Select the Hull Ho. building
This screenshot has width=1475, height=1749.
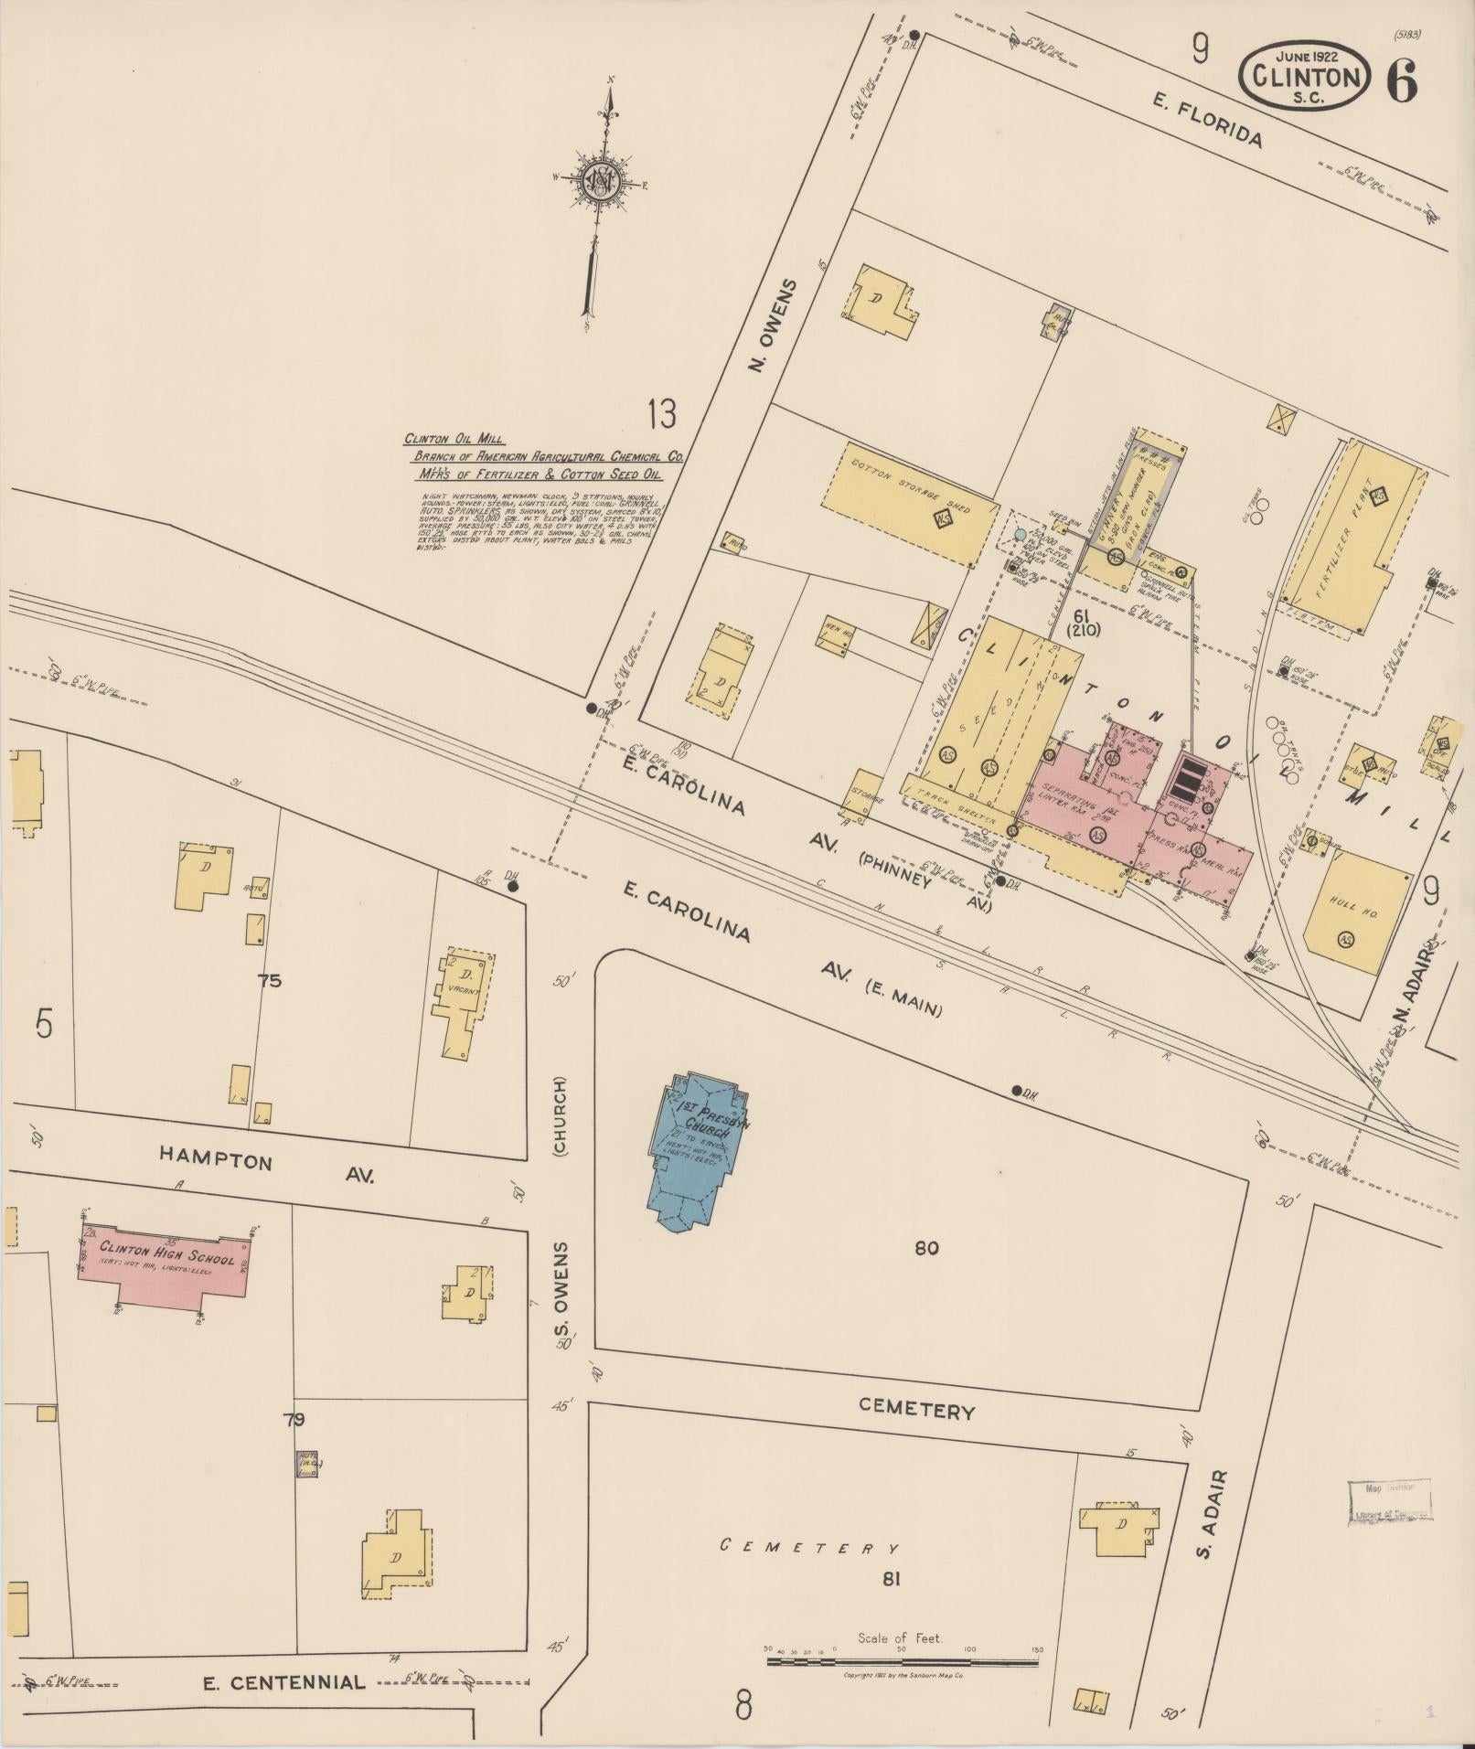(x=1357, y=913)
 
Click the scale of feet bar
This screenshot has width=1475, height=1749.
(x=902, y=1660)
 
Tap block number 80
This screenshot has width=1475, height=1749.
(x=925, y=1248)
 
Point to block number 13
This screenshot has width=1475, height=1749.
(x=662, y=414)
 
